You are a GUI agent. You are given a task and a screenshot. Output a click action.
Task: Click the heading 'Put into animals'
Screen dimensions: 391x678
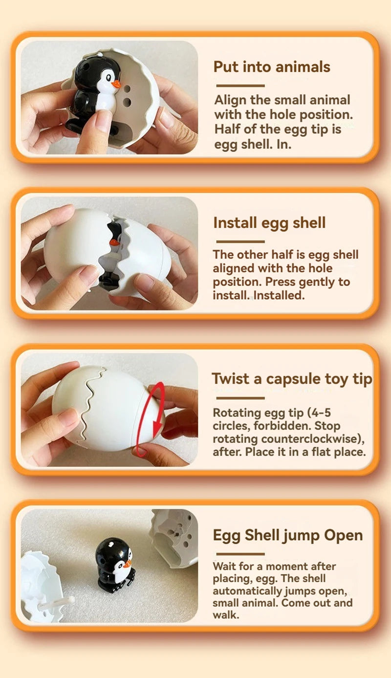pos(272,67)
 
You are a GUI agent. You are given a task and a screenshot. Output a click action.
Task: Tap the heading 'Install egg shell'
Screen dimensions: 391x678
pos(269,223)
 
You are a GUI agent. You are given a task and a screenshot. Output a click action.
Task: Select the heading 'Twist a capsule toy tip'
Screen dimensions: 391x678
pos(292,379)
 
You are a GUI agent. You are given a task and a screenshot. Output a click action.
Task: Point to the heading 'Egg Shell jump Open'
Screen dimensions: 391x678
pos(288,535)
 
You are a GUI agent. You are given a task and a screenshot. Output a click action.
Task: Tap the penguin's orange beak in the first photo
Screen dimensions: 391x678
pos(116,84)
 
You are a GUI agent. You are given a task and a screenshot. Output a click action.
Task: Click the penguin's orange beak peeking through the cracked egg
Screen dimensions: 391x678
pos(114,242)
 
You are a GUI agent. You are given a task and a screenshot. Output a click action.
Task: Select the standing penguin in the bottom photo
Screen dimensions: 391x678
pos(115,562)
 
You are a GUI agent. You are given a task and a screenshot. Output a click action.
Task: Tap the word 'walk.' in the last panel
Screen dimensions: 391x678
pos(226,615)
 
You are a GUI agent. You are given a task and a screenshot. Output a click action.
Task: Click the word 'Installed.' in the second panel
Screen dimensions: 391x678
pos(279,295)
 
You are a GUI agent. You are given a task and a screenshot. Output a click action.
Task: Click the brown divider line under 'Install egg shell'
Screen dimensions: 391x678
pos(240,241)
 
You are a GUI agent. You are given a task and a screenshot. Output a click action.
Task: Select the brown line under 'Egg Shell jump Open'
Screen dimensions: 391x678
pos(240,554)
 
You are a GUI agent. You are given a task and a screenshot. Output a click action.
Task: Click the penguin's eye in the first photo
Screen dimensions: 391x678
pos(109,78)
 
